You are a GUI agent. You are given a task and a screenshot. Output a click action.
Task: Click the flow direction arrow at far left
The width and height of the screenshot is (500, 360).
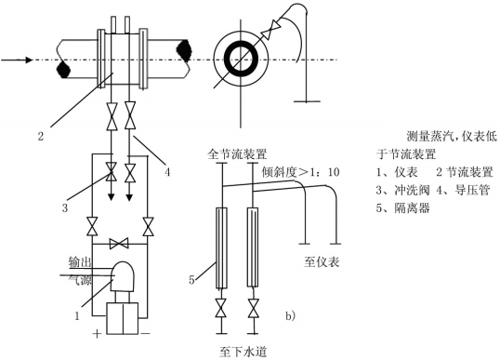click(17, 60)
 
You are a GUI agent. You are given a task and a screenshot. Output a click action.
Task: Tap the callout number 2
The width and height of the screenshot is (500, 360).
click(41, 136)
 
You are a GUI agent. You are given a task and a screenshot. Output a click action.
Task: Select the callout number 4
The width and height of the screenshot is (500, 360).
click(167, 172)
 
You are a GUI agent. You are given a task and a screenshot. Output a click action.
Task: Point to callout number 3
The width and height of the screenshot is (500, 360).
click(65, 208)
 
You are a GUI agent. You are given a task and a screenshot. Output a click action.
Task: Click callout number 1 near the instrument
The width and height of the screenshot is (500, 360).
click(77, 316)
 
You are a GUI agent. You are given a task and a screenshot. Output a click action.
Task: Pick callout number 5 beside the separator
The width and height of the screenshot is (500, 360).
click(191, 280)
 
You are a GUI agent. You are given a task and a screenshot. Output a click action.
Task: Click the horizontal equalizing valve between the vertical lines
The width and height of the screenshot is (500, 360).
click(119, 244)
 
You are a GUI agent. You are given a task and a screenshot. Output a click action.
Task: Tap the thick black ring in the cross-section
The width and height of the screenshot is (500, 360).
click(241, 60)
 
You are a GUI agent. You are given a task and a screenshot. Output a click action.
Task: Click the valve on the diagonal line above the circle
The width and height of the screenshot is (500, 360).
click(270, 31)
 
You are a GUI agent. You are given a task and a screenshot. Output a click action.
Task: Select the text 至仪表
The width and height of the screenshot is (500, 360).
click(322, 262)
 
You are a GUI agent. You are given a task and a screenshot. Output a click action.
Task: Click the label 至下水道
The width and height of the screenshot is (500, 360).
click(243, 352)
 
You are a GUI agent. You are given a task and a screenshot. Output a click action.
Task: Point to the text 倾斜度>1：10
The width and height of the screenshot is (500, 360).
click(301, 172)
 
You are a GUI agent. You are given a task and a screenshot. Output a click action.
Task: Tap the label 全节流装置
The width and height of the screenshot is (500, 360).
click(237, 154)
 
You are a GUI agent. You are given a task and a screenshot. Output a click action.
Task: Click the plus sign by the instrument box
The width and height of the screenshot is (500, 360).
click(97, 334)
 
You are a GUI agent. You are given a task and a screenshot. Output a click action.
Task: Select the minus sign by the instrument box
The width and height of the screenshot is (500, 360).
click(145, 334)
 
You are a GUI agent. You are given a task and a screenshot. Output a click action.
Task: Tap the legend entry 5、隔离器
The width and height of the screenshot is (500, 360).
click(402, 207)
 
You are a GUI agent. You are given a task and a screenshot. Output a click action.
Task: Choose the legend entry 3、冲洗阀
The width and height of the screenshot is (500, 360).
click(402, 190)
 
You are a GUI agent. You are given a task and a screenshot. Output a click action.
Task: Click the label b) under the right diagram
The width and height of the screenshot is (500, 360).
click(290, 315)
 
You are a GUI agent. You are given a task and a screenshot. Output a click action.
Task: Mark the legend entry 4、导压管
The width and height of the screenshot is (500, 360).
click(463, 190)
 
